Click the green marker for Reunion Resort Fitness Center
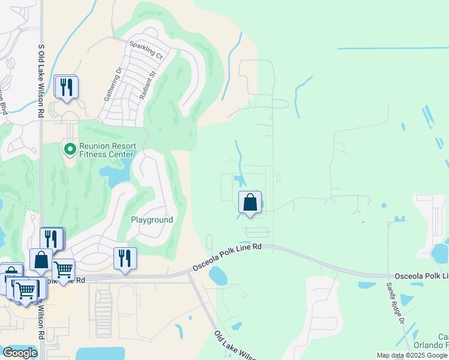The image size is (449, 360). (x=70, y=148)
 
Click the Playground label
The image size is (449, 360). (x=152, y=220)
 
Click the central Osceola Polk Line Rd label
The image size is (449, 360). (x=228, y=257)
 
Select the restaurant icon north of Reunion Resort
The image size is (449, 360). (x=66, y=87)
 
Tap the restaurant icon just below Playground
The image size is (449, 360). (x=124, y=259)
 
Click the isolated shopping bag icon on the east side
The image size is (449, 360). (x=250, y=202)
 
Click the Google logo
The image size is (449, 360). (x=20, y=352)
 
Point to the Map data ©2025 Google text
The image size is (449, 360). (x=411, y=355)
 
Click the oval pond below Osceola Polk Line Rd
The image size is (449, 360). (x=217, y=276)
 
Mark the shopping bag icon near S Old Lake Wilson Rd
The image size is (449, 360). (x=41, y=260)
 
